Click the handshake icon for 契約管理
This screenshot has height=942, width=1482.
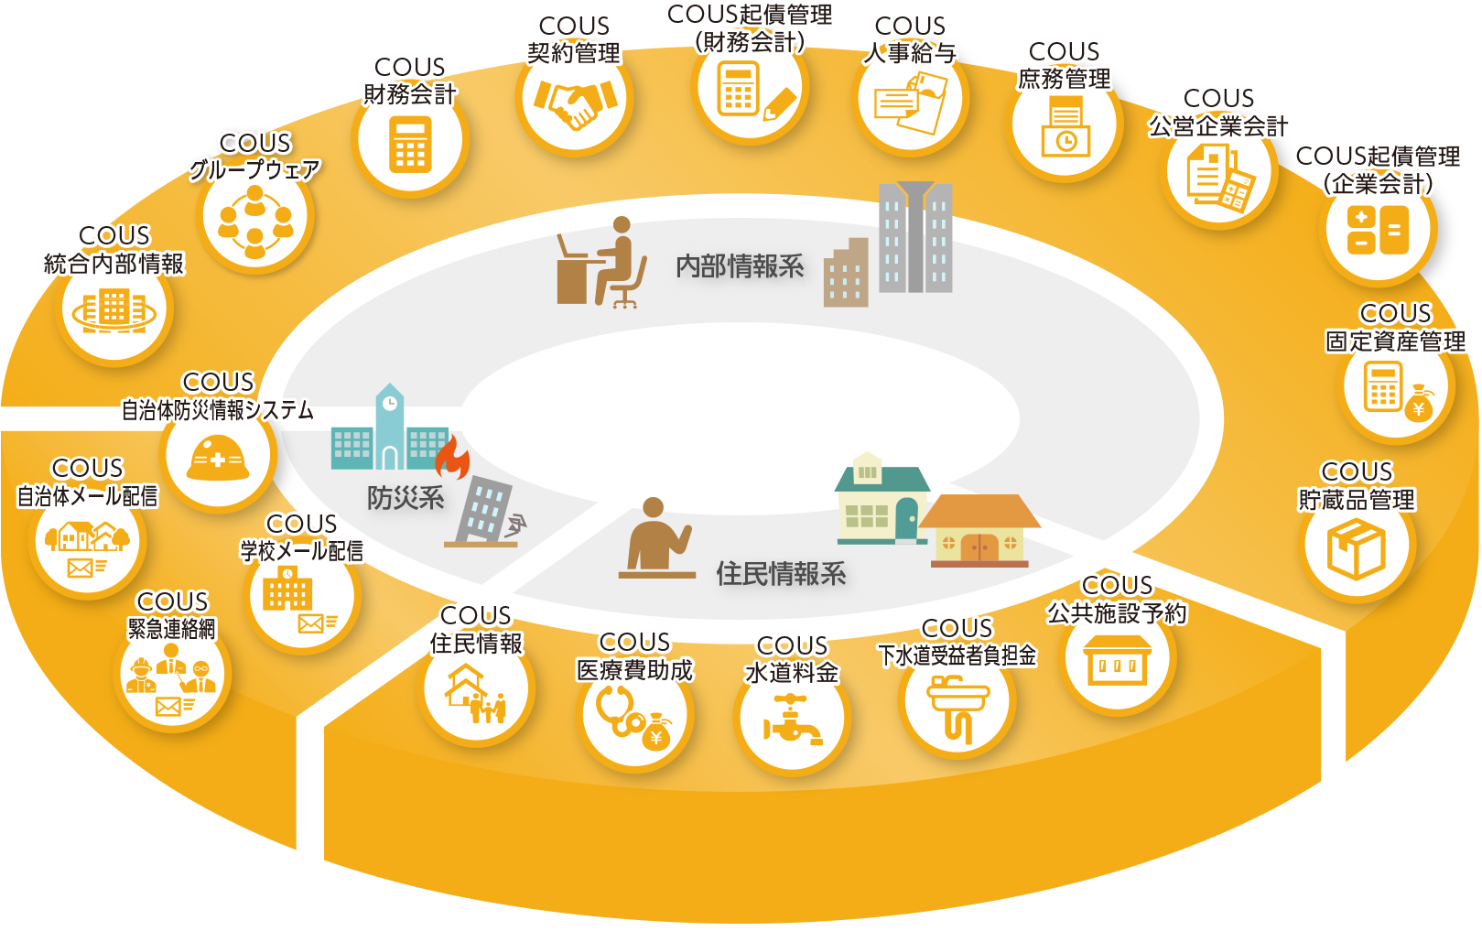575,102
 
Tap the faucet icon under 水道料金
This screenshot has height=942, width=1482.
793,720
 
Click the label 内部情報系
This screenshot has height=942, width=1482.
740,266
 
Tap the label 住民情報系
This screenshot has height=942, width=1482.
781,574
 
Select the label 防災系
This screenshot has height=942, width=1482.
406,498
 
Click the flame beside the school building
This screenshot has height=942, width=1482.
452,457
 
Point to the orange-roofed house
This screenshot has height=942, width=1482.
979,530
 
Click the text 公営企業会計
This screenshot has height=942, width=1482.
1219,125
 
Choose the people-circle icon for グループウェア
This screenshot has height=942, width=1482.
255,220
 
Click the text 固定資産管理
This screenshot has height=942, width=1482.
1396,341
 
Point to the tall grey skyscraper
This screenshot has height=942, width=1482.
914,237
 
